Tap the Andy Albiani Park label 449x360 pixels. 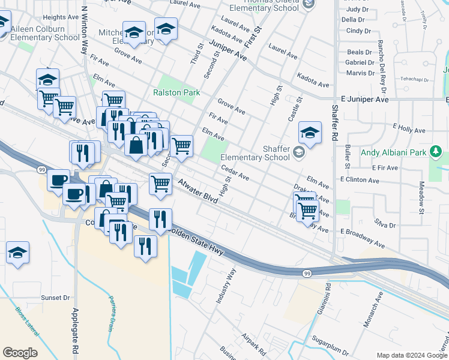click(x=394, y=152)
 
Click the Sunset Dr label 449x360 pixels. click(x=55, y=298)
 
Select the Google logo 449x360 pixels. click(x=20, y=353)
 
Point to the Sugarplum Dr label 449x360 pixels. click(x=330, y=349)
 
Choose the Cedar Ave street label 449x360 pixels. click(x=235, y=173)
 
